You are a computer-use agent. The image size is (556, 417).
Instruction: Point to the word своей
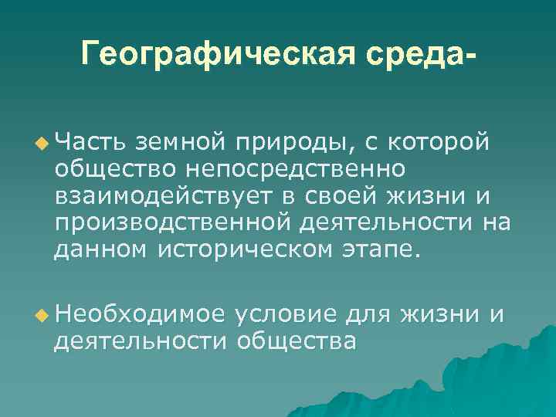[339, 196]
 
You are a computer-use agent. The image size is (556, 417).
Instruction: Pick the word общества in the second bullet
[297, 341]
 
